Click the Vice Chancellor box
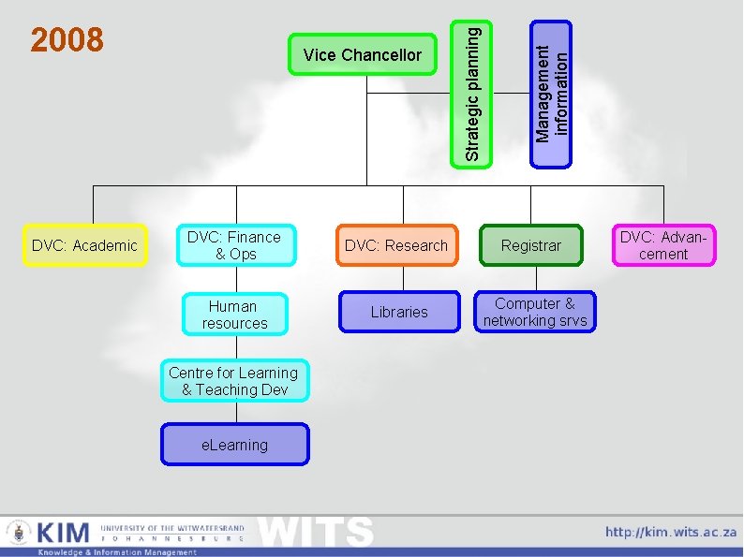coord(363,55)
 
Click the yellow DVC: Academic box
coord(84,245)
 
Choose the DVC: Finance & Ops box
coord(234,245)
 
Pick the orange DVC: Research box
coord(396,245)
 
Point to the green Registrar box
coord(531,245)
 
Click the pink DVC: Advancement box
coord(663,245)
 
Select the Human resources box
coord(234,315)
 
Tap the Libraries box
coord(398,312)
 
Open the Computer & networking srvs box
coord(535,312)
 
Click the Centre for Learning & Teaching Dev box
coord(234,381)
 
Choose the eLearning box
coord(234,445)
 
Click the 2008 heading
coord(67,40)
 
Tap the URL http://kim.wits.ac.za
coord(671,532)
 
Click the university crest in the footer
coord(18,534)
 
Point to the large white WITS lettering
coord(317,532)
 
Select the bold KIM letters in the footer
coord(64,533)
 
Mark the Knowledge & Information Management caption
coord(117,552)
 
